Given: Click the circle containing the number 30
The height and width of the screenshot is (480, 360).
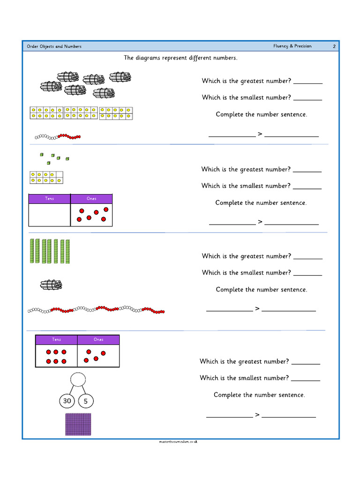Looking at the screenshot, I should [x=67, y=401].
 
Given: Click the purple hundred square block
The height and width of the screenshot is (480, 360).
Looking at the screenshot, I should [x=78, y=424].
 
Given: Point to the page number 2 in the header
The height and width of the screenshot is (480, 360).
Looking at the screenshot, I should [x=334, y=46].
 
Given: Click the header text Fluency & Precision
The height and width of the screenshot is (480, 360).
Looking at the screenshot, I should [x=292, y=46].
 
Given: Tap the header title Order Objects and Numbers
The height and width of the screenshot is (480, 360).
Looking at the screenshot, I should [x=54, y=46].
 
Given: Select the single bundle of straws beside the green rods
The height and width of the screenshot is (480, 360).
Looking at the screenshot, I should [x=51, y=285].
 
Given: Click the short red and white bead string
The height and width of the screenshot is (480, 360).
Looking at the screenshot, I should [x=58, y=137].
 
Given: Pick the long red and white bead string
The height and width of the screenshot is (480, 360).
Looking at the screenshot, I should [x=96, y=310].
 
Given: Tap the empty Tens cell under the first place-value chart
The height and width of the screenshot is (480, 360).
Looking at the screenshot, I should [x=50, y=215].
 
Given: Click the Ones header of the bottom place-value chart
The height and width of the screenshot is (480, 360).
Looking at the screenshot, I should [x=98, y=339].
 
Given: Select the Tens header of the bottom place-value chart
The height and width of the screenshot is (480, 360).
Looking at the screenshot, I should [x=56, y=339].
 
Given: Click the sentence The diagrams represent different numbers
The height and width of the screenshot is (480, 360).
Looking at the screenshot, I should [x=180, y=58].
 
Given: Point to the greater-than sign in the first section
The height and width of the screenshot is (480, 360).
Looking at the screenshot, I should [x=260, y=134].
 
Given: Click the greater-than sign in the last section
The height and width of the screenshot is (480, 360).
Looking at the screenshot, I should [x=257, y=414].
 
